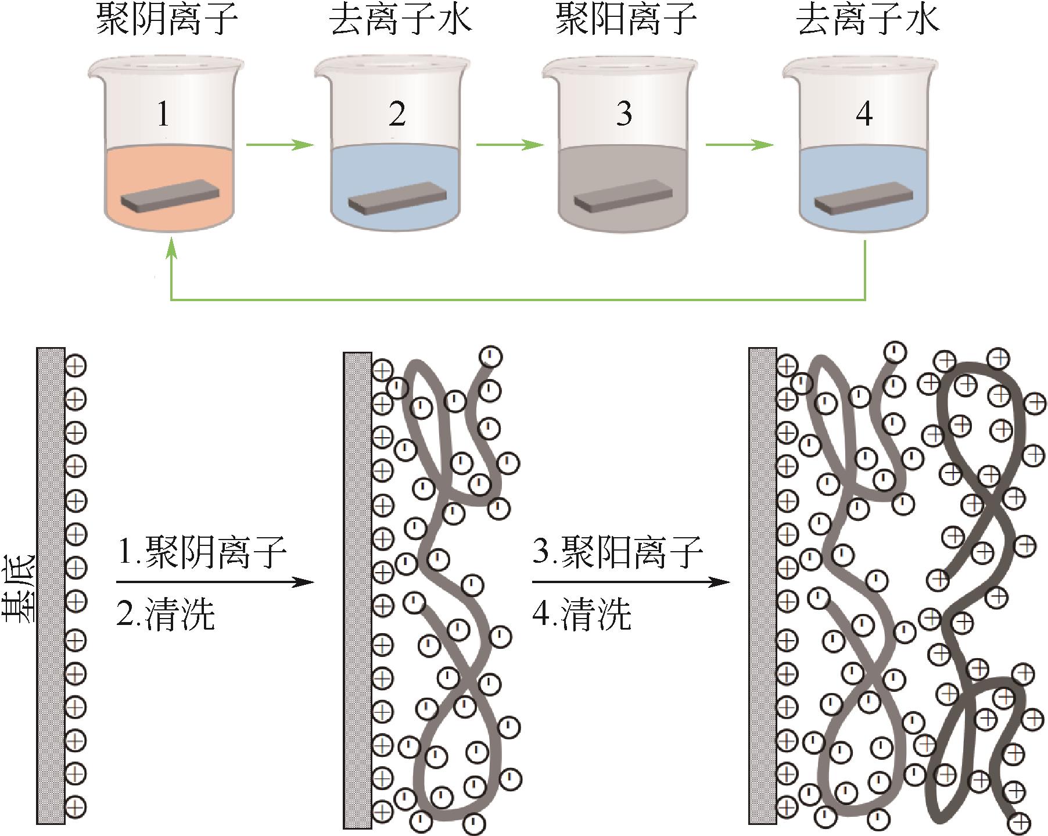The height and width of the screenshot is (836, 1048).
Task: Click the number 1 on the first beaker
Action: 163,114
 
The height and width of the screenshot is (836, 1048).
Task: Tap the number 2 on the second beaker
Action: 397,114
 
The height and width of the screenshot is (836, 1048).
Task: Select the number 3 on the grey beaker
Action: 624,114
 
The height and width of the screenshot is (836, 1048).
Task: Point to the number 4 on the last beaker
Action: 864,114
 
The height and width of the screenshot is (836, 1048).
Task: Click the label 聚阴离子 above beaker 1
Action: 167,20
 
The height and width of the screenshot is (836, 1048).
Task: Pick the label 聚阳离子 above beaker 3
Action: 626,20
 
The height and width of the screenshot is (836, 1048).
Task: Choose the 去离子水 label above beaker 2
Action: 400,20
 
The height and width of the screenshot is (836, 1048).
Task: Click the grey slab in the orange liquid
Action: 171,195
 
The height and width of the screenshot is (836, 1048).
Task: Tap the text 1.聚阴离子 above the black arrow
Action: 202,553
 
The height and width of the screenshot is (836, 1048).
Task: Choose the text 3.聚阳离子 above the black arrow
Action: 618,553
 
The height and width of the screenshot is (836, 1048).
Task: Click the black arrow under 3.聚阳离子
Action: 630,582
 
